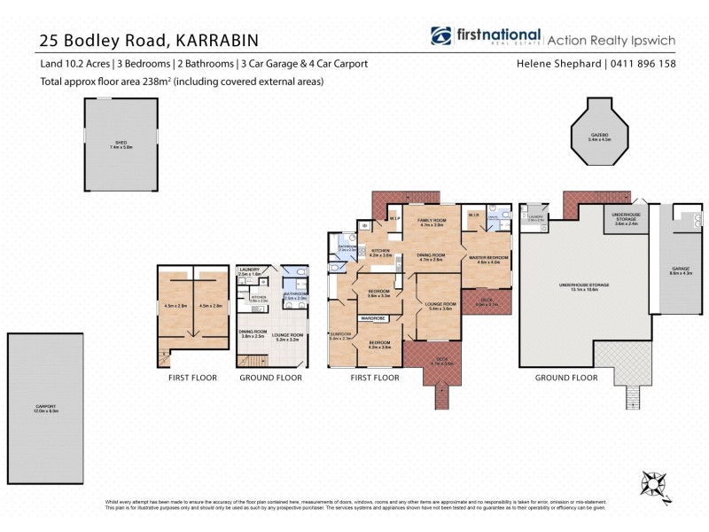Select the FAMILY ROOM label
point(431,221)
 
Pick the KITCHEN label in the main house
point(380,253)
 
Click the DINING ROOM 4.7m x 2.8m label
point(431,257)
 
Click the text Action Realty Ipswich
point(611,39)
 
